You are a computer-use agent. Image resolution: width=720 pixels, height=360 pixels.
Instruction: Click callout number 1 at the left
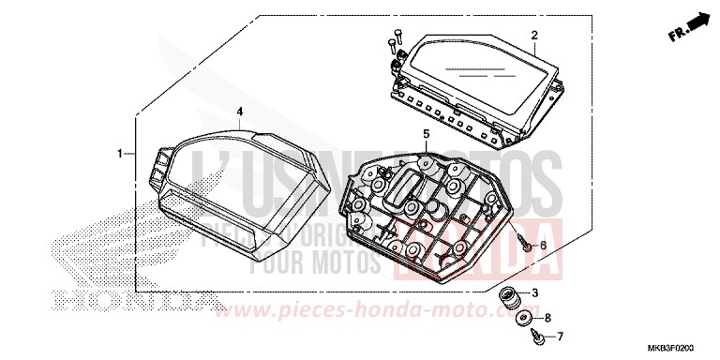(120, 153)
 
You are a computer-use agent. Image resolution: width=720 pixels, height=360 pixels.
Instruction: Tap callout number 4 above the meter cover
(239, 112)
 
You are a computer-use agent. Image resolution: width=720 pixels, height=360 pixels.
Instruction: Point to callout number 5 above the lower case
(426, 134)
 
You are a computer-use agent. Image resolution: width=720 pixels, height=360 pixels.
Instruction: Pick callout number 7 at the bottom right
(561, 335)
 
